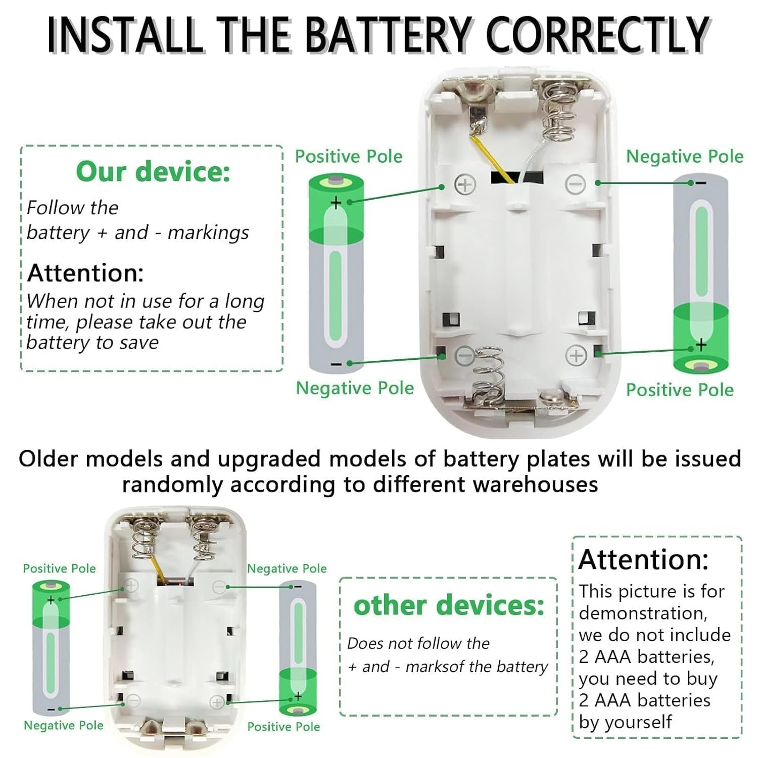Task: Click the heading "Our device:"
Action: tap(153, 171)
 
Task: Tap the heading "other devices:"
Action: tap(449, 604)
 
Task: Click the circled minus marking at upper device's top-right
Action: tap(575, 184)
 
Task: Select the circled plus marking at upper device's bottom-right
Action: tap(576, 356)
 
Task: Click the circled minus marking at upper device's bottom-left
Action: tap(465, 355)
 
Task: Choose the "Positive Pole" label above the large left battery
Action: tap(349, 157)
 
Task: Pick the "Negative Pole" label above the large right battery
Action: tap(685, 157)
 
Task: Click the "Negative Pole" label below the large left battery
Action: tap(355, 388)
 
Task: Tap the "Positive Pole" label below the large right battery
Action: tap(680, 390)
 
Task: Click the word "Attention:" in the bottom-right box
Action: tap(643, 559)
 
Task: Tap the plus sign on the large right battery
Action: tap(701, 345)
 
